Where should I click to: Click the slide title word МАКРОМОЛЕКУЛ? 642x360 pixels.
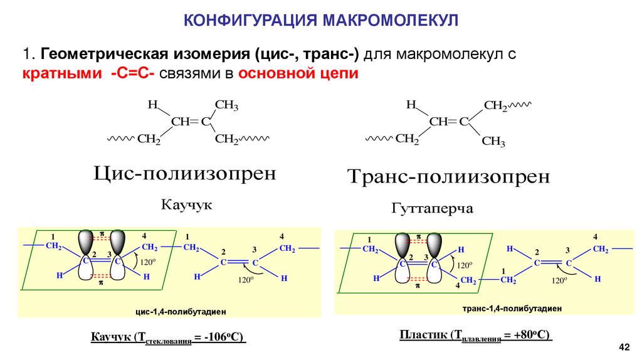[x=390, y=20]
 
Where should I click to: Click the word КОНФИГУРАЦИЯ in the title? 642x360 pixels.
[x=250, y=20]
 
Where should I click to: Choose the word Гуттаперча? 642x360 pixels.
[x=432, y=208]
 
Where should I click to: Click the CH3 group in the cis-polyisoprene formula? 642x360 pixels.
[x=226, y=105]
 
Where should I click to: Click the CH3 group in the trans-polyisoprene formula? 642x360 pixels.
[x=493, y=142]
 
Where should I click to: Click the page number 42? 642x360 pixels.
[x=623, y=347]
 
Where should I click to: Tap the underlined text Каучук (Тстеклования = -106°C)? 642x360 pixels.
[x=167, y=339]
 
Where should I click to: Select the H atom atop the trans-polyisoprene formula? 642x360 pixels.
[x=411, y=105]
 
